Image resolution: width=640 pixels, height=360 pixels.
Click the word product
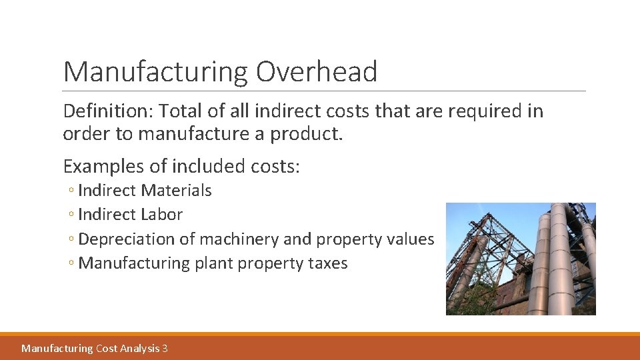[x=306, y=133]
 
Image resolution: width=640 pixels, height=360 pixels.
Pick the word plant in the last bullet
[x=213, y=263]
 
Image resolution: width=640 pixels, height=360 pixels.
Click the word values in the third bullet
[x=410, y=239]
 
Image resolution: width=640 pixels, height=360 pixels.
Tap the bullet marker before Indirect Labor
[x=71, y=215]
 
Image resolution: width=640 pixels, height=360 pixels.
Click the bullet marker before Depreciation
[x=71, y=239]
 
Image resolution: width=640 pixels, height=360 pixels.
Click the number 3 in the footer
[x=165, y=348]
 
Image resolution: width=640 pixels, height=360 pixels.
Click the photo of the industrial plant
[x=521, y=259]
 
